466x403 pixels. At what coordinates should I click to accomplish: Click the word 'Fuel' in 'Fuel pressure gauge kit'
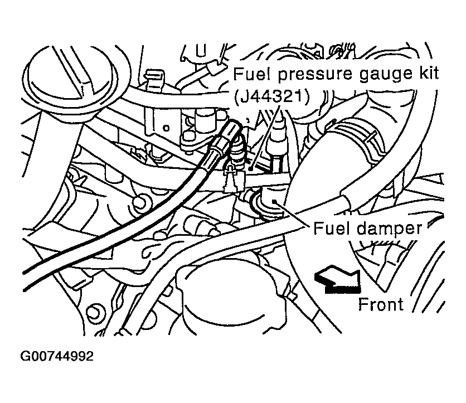(x=247, y=74)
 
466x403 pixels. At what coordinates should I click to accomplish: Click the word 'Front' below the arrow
(x=380, y=305)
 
